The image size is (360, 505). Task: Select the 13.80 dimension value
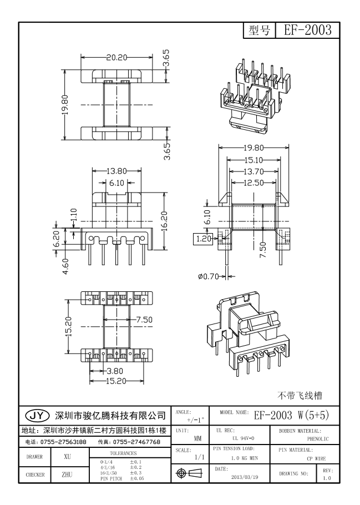[115, 171]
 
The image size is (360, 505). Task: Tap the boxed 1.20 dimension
[201, 239]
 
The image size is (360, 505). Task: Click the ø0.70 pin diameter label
[209, 276]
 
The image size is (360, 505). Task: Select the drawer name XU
[67, 457]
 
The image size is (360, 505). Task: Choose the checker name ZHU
[67, 474]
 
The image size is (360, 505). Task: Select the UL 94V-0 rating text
[239, 438]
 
